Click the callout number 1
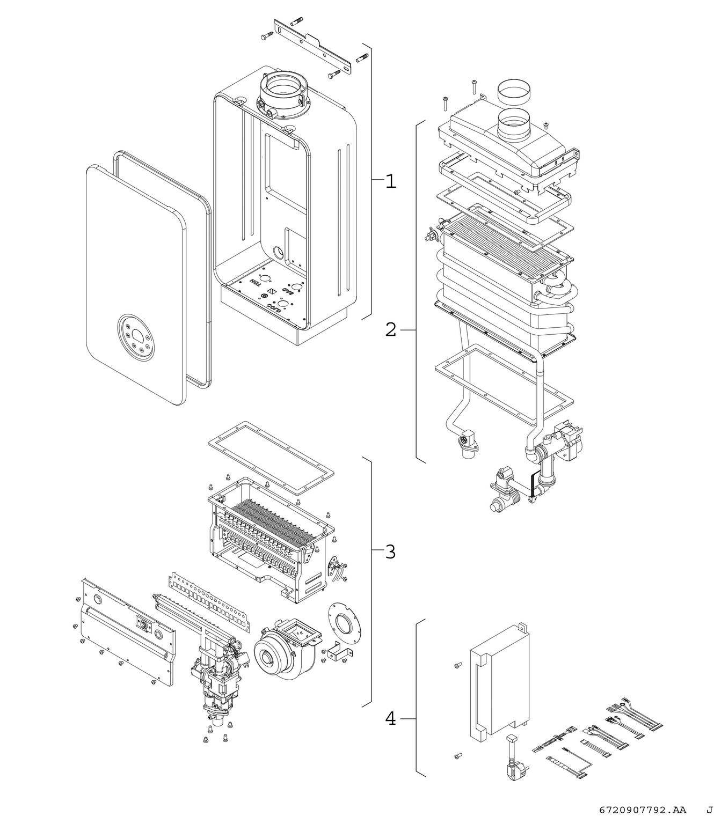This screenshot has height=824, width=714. click(x=391, y=181)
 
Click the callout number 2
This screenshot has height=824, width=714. click(x=391, y=329)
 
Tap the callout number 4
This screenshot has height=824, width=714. click(x=391, y=718)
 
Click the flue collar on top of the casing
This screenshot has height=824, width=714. click(x=283, y=91)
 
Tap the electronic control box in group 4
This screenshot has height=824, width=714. click(x=499, y=681)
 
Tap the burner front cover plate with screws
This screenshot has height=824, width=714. click(x=126, y=633)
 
